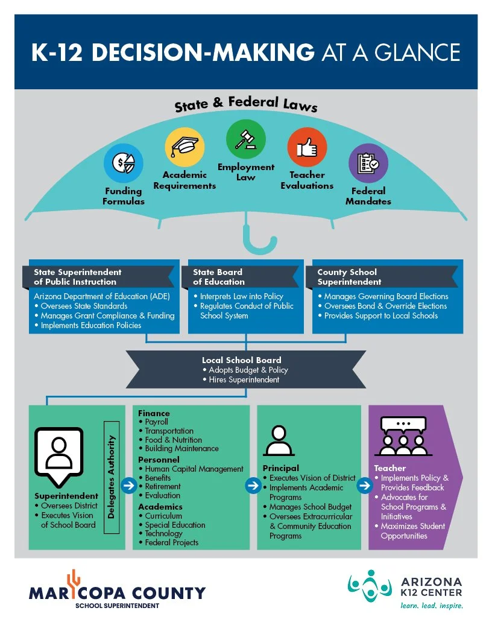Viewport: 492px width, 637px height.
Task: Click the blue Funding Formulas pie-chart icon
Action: point(123,163)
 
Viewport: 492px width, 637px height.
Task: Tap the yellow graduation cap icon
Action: point(184,147)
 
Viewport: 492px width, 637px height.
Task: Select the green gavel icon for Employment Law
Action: point(245,139)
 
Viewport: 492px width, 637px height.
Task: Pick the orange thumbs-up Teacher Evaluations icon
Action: point(307,147)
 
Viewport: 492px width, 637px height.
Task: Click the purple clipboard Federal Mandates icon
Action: point(368,163)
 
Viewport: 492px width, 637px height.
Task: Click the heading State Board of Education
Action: point(219,277)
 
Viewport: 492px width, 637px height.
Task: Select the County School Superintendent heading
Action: point(347,277)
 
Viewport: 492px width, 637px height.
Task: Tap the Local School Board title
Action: point(241,360)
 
